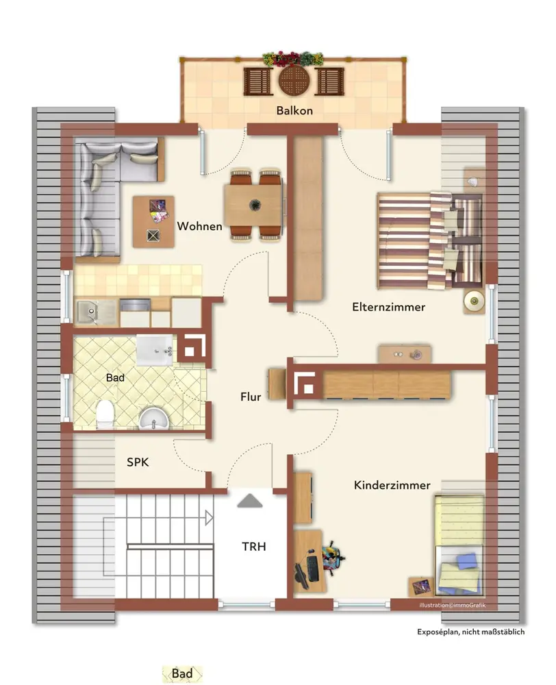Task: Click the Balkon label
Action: (x=294, y=110)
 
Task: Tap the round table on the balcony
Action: (x=294, y=81)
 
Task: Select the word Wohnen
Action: (x=200, y=226)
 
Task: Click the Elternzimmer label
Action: (x=389, y=307)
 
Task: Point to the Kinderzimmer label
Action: (x=392, y=486)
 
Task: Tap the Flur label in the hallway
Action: (x=251, y=397)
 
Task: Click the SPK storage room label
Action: (x=138, y=462)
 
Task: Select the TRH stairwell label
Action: (x=254, y=547)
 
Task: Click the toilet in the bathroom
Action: (x=105, y=414)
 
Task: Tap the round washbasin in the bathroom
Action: (x=154, y=419)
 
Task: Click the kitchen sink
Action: (x=91, y=312)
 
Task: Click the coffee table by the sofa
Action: (x=154, y=222)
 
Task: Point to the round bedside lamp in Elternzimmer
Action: (x=474, y=301)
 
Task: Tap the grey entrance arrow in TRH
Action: (x=250, y=501)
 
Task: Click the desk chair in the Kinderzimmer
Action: (x=333, y=558)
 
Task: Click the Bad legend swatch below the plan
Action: (x=183, y=673)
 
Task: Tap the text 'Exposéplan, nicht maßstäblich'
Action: (x=471, y=632)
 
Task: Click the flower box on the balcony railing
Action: (x=293, y=58)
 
